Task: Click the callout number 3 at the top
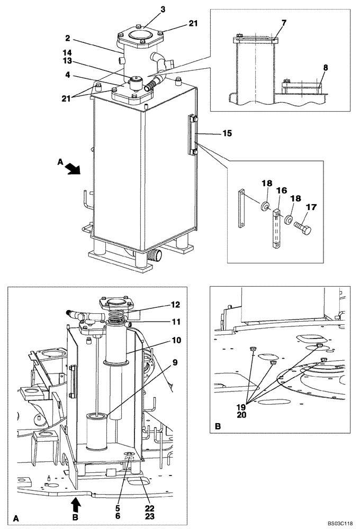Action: [x=148, y=9]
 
